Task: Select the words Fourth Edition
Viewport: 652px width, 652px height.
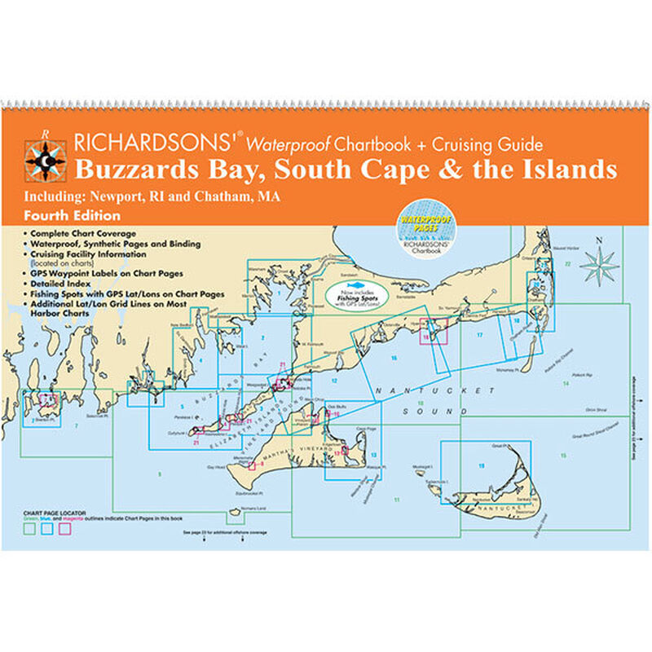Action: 73,216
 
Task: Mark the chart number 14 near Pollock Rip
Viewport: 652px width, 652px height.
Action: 565,381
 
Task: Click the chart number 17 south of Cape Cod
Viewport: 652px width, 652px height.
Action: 480,335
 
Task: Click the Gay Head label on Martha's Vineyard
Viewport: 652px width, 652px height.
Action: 216,467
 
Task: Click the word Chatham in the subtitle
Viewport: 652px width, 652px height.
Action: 229,196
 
